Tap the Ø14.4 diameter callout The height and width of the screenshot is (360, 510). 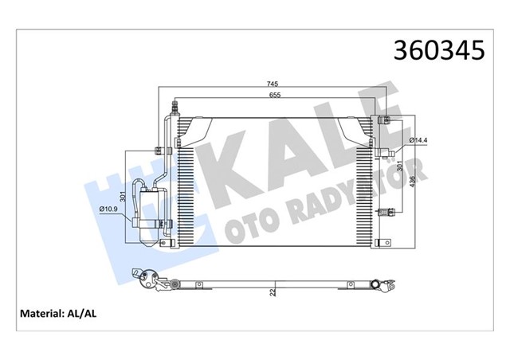click(x=419, y=141)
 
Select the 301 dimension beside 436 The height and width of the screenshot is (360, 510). click(x=399, y=169)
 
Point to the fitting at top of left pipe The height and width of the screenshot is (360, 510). click(x=175, y=104)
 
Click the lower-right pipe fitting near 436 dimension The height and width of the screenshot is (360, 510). click(x=386, y=212)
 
